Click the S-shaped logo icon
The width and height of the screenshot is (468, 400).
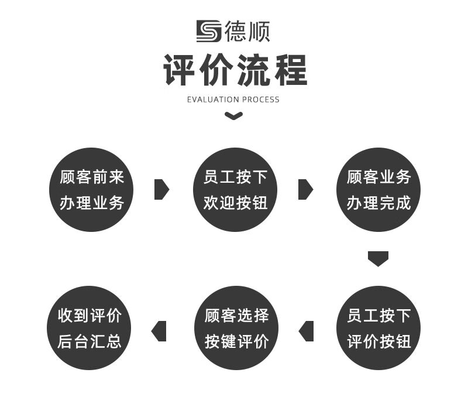pyautogui.click(x=208, y=31)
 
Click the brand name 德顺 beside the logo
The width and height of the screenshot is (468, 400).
pyautogui.click(x=247, y=31)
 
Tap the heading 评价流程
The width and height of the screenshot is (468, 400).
pyautogui.click(x=234, y=70)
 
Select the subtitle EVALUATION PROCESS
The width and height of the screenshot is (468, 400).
pyautogui.click(x=233, y=100)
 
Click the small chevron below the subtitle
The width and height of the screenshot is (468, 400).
pyautogui.click(x=234, y=116)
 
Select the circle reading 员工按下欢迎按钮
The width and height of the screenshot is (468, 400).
pyautogui.click(x=235, y=190)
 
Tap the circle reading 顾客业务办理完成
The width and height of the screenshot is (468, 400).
pyautogui.click(x=378, y=190)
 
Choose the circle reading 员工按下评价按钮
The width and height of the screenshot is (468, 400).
pyautogui.click(x=378, y=328)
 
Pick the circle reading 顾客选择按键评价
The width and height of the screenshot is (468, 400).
pyautogui.click(x=236, y=328)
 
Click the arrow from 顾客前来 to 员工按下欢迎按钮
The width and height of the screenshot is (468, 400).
pyautogui.click(x=161, y=189)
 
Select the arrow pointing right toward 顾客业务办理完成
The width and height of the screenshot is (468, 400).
pyautogui.click(x=305, y=189)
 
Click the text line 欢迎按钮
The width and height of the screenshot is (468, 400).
pyautogui.click(x=235, y=203)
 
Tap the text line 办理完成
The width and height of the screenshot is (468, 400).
pyautogui.click(x=378, y=203)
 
